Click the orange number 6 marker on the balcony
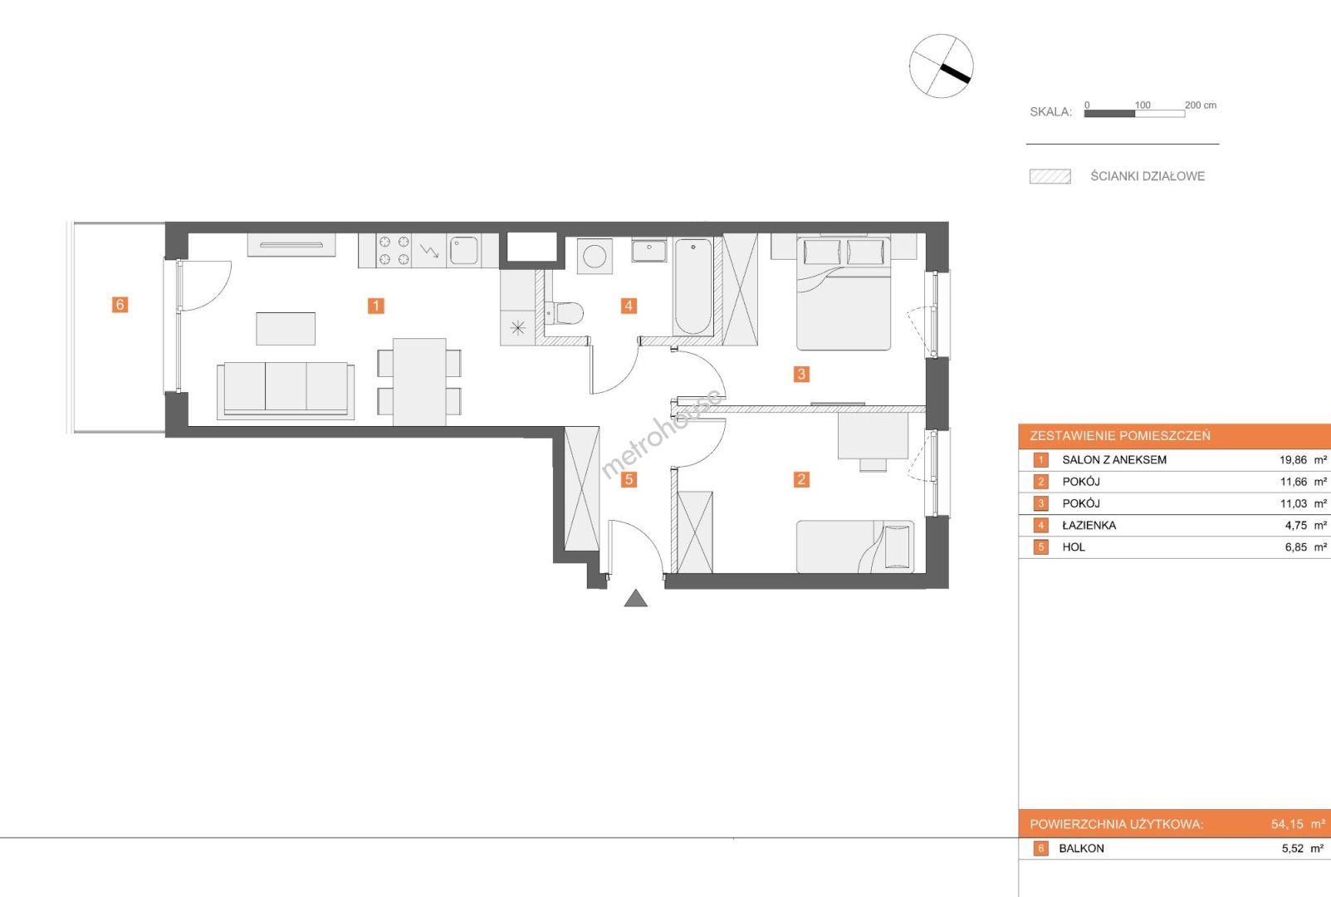click(120, 305)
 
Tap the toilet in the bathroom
click(564, 312)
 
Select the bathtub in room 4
click(692, 287)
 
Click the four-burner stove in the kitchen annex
click(394, 250)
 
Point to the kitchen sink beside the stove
click(464, 250)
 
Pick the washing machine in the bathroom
click(595, 256)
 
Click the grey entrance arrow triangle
click(636, 598)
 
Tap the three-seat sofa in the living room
click(286, 390)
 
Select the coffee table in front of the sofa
click(286, 329)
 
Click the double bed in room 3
click(844, 293)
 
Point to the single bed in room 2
click(855, 547)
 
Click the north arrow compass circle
click(942, 66)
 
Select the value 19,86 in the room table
click(1293, 459)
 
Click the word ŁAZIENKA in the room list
click(1089, 526)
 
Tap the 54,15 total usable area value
click(1287, 824)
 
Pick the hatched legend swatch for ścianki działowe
click(1050, 177)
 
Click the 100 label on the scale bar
click(1143, 105)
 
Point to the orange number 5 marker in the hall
click(629, 480)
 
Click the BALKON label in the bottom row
click(1081, 848)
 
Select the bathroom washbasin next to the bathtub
click(648, 250)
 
